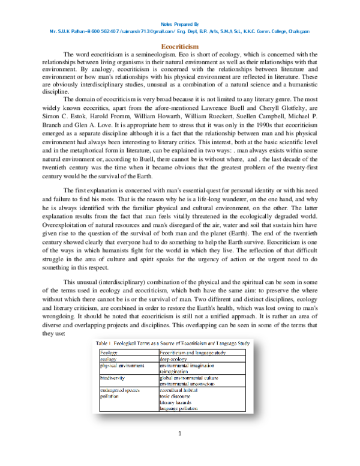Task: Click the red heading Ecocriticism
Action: tap(181, 46)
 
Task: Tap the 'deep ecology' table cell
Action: tap(175, 358)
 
